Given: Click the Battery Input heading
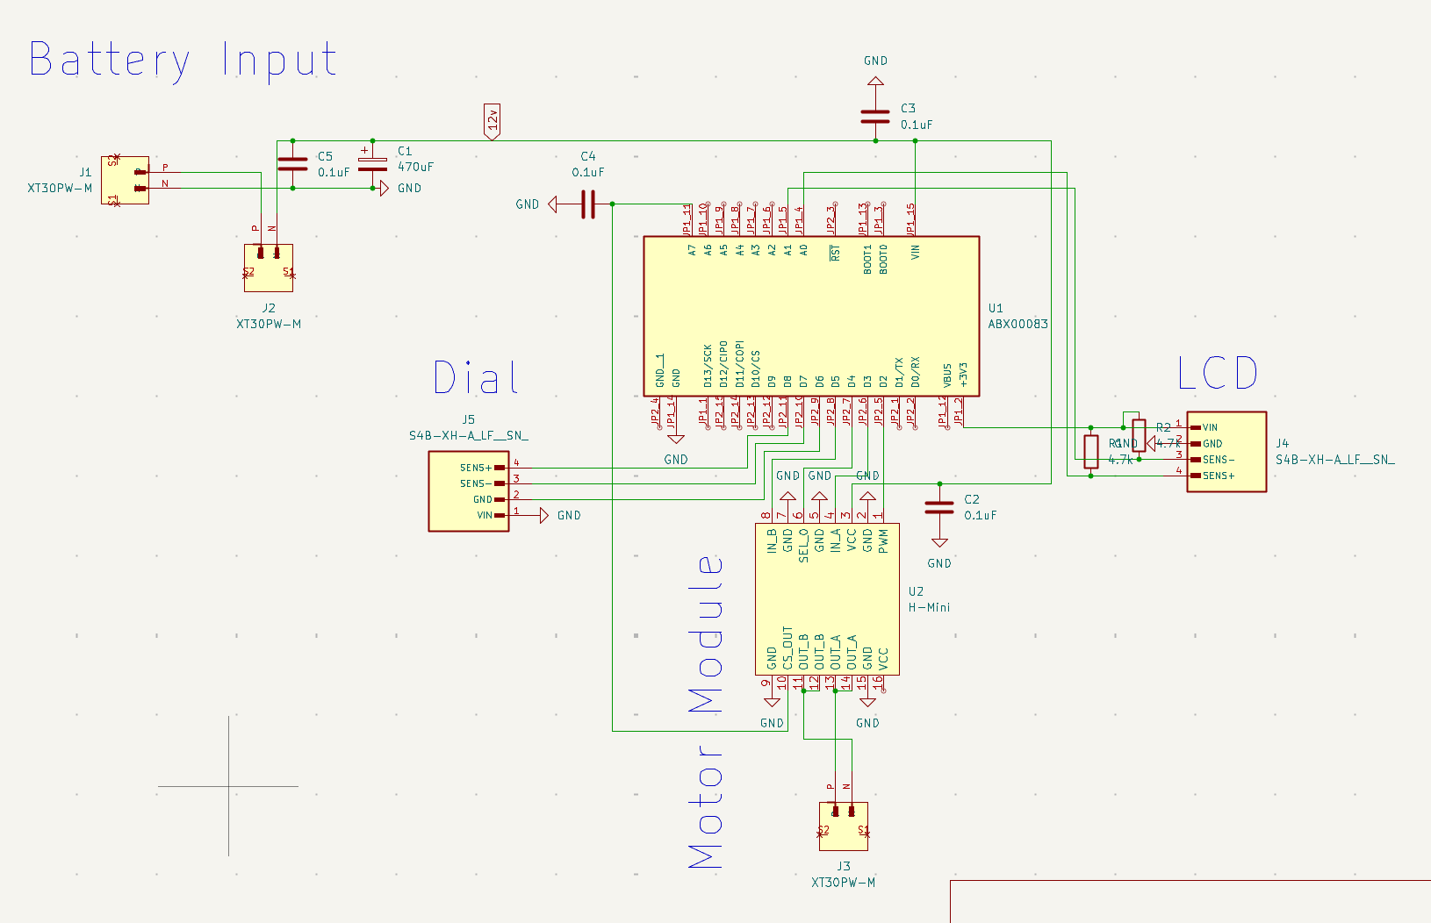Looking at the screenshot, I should (183, 61).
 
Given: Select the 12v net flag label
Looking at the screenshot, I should (493, 121).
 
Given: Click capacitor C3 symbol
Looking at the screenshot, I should (875, 116).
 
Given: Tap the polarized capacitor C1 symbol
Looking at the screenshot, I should (372, 164).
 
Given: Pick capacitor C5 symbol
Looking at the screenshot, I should (292, 164).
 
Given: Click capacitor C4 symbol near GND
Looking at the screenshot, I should (588, 204).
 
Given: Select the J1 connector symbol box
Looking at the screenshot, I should (125, 180).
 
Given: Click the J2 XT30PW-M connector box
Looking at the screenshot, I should (269, 268).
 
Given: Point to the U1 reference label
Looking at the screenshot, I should (996, 308).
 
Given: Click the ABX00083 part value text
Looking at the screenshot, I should (1018, 324).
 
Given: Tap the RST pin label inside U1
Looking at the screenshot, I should (835, 253).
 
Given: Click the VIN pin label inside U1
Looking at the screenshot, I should (916, 252).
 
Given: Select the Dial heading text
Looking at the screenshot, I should (476, 378).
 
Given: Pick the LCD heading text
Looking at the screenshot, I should (1218, 374).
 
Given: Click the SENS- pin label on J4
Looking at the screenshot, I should (1219, 460).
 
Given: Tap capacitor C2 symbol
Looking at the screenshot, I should (939, 508).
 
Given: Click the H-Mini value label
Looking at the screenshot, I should (929, 607).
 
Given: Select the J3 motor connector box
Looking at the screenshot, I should (843, 826).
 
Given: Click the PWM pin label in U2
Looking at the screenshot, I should (883, 540).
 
